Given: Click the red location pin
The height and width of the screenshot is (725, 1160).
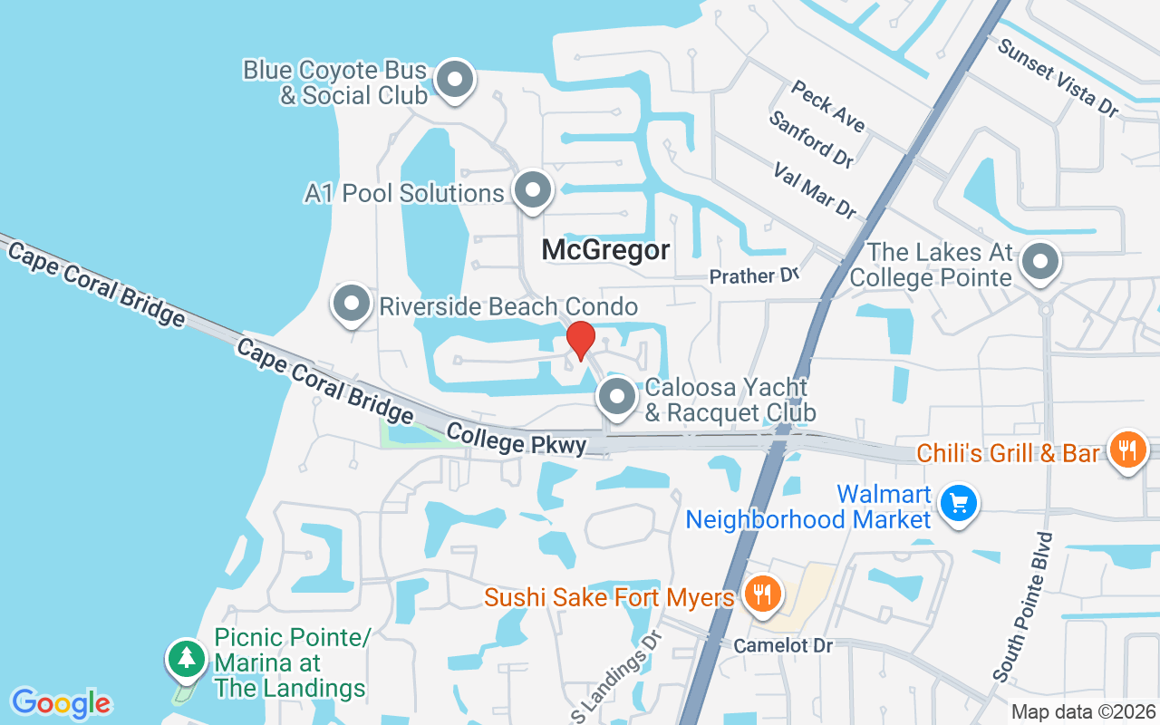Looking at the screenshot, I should point(580,340).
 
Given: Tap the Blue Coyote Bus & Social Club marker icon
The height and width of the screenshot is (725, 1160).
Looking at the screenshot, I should point(455,80).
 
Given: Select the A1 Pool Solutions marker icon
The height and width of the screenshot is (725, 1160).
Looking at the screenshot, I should point(533,190).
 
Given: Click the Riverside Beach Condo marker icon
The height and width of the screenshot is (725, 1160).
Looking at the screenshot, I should point(352,305).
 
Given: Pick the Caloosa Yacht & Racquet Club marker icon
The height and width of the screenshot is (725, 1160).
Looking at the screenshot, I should point(617,397).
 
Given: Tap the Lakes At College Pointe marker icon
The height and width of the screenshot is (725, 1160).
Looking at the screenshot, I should point(1040,262).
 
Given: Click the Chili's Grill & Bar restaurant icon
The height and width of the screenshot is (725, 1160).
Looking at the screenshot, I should point(1126,449).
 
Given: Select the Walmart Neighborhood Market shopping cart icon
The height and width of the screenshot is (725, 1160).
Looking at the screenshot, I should point(959,503).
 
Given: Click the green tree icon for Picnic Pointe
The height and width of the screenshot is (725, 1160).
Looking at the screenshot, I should point(187,658).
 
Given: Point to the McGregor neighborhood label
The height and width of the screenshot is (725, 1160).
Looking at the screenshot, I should point(605,250).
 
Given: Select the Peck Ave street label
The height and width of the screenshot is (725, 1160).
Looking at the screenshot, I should point(827,105).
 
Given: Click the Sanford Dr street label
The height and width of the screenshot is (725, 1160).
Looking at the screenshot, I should point(810,139).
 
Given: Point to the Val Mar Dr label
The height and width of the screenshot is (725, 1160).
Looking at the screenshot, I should point(814,190).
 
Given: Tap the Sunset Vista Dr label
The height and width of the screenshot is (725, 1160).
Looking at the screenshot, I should point(1058,76).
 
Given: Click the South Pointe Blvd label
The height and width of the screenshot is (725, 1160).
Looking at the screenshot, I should point(1023,606).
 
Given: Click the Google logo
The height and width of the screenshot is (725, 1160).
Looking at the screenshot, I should point(62,702).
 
